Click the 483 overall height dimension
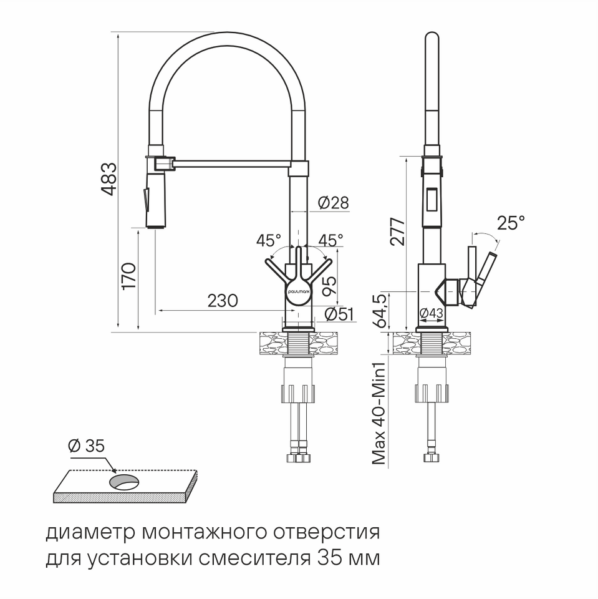109,179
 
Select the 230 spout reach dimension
223,301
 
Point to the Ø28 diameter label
333,202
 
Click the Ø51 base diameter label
339,314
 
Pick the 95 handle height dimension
329,286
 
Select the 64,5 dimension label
381,311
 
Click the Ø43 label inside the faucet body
432,313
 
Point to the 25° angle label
511,222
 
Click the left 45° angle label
269,240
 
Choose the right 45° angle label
330,240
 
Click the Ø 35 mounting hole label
86,446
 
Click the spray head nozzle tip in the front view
156,227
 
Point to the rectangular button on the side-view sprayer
433,198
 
